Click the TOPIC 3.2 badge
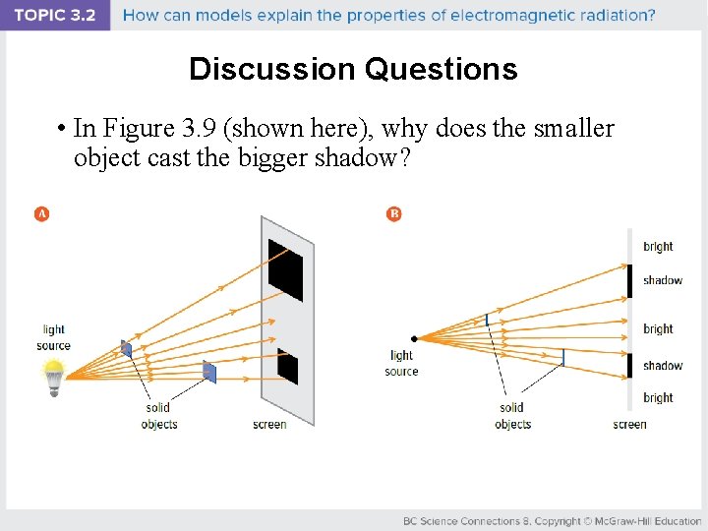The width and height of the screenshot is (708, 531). click(x=54, y=16)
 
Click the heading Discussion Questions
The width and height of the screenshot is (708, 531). click(x=353, y=69)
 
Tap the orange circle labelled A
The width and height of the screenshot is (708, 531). click(x=41, y=213)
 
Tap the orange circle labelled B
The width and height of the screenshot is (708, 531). click(x=394, y=213)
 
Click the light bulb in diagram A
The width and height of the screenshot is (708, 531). click(x=53, y=377)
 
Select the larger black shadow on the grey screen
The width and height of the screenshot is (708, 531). click(x=286, y=267)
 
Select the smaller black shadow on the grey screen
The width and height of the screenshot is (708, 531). click(x=287, y=366)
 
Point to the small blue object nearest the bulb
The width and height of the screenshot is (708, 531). click(x=126, y=348)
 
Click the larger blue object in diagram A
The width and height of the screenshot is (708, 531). click(x=208, y=371)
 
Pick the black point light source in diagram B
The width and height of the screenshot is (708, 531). click(x=414, y=339)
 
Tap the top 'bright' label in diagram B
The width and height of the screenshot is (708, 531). click(x=658, y=247)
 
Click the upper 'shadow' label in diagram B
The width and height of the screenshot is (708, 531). click(x=662, y=280)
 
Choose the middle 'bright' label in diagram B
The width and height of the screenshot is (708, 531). click(x=658, y=329)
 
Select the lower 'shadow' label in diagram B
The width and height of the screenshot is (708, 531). click(x=662, y=366)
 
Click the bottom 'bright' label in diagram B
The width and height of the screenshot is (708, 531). click(x=658, y=398)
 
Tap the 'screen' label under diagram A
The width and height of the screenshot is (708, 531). click(x=269, y=425)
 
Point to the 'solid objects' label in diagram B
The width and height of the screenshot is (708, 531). click(x=512, y=416)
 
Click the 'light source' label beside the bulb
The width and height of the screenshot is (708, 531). click(x=53, y=337)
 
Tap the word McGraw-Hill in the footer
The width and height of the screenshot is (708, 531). click(x=619, y=520)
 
